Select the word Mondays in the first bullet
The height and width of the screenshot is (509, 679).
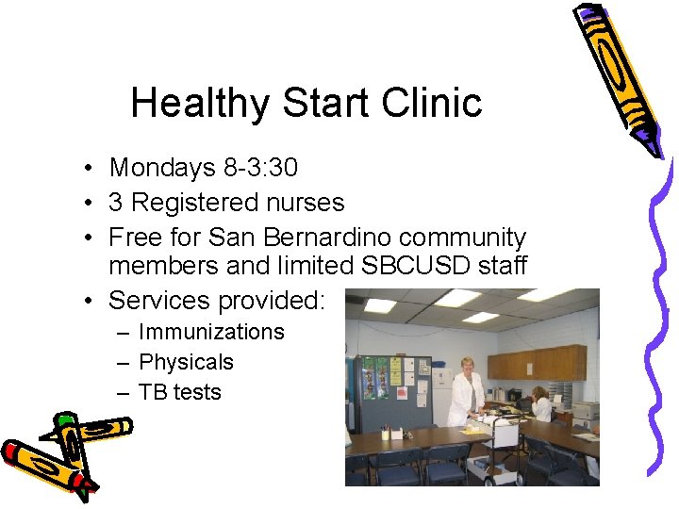point(162,168)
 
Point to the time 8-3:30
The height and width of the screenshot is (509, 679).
point(259,168)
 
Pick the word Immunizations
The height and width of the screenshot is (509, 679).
point(211,332)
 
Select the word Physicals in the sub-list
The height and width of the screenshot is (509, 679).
point(186,362)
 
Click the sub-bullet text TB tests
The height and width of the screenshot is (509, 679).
point(179,392)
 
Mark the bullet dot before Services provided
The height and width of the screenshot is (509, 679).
point(86,301)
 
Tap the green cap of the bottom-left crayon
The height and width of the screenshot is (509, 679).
point(65,419)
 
